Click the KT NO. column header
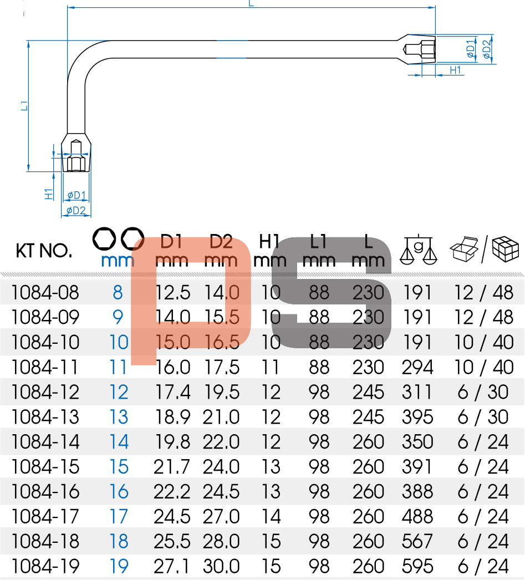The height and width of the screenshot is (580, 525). pos(44,251)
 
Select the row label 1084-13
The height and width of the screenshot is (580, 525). pos(45,417)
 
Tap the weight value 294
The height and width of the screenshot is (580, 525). pos(417,367)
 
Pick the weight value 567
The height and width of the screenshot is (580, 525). pos(417,541)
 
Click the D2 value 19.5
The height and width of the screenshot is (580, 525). pos(221,392)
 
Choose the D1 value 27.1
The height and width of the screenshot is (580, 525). pos(171,566)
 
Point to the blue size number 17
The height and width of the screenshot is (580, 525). pos(119,516)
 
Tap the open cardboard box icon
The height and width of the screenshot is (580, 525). pos(464,250)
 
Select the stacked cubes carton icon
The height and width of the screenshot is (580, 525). pos(506,248)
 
